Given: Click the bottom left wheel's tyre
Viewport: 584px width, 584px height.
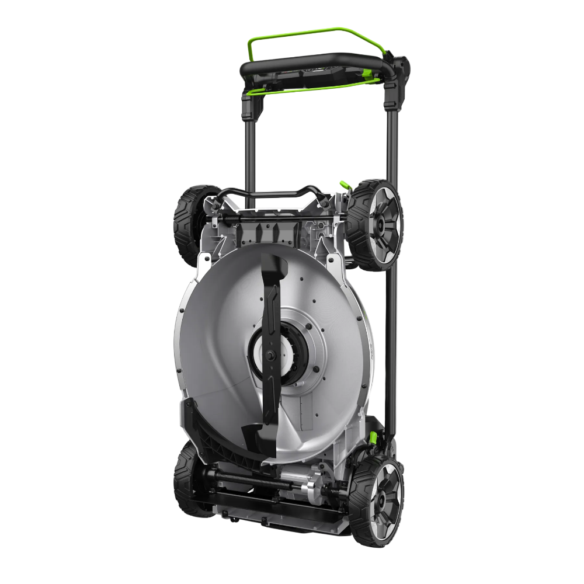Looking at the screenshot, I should point(186,479).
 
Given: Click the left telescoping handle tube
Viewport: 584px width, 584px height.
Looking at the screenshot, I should point(250,152).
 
